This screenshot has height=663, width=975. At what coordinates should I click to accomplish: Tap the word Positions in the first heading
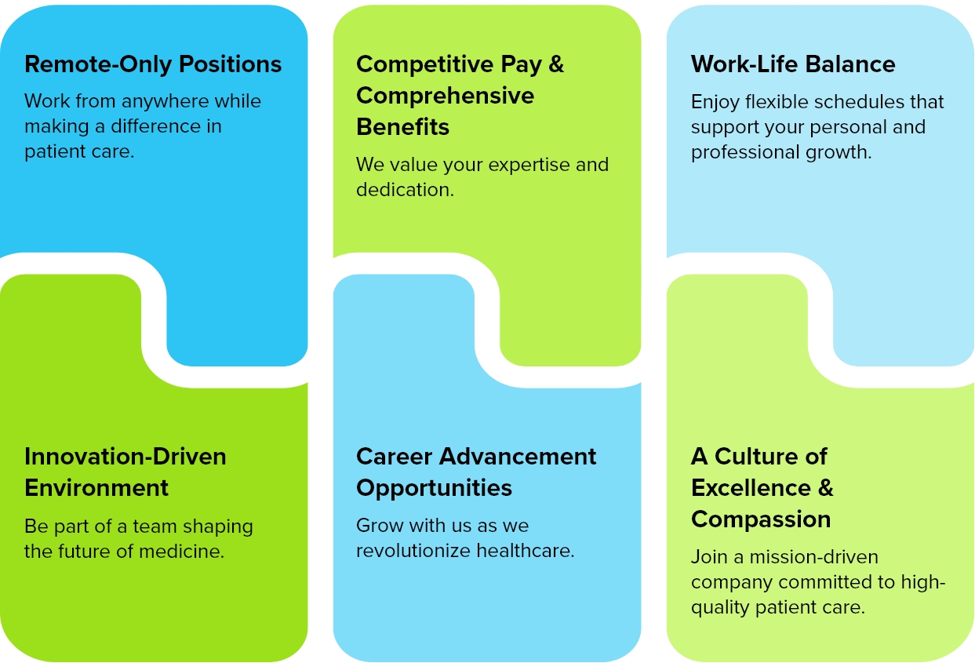(231, 64)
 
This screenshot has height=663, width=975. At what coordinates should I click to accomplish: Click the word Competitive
(425, 65)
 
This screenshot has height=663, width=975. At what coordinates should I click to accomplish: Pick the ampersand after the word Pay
(556, 64)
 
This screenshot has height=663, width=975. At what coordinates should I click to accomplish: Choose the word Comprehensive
(445, 97)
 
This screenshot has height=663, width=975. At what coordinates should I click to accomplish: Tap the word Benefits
(402, 127)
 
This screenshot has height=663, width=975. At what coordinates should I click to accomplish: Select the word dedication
(405, 190)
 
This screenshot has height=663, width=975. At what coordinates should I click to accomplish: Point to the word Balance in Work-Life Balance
(850, 64)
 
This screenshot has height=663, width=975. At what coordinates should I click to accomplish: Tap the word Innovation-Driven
(126, 457)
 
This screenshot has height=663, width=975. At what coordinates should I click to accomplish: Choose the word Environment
(96, 487)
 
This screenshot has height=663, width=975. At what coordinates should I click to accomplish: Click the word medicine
(181, 552)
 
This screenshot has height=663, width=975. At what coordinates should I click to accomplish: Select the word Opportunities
(434, 489)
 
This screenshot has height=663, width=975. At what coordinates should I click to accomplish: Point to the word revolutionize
(413, 551)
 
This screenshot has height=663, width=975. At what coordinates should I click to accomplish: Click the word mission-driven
(813, 557)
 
